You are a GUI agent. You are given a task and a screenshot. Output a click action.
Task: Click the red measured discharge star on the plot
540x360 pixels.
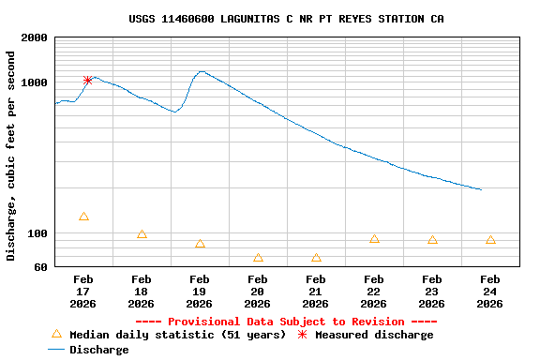pos(87,81)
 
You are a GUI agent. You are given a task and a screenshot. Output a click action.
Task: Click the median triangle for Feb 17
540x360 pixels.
pos(83,217)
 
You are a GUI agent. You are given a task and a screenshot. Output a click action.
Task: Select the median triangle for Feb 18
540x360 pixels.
pos(142,234)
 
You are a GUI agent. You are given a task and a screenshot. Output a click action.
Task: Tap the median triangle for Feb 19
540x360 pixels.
pos(200,244)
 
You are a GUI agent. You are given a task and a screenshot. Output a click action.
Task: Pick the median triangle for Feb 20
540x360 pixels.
pos(258,258)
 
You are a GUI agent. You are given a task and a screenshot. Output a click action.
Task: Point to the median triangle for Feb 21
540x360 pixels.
pos(316,258)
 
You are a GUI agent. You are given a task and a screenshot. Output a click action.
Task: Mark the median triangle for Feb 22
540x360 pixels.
pos(374,239)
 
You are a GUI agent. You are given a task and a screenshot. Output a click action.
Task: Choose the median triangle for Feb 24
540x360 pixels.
pos(490,240)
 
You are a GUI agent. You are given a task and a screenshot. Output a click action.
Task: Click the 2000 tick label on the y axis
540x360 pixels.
pos(34,38)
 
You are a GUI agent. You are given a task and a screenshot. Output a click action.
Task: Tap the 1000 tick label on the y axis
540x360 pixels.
pos(34,82)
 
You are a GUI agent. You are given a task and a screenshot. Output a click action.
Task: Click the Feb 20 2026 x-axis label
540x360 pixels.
pos(257,292)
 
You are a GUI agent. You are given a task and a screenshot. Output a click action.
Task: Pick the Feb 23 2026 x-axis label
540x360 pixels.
pos(431,292)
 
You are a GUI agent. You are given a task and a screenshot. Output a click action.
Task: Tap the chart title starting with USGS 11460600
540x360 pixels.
pos(286,19)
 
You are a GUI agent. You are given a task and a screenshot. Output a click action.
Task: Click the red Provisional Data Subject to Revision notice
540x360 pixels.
pos(286,322)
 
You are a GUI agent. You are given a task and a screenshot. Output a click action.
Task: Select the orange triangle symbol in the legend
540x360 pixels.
pos(56,334)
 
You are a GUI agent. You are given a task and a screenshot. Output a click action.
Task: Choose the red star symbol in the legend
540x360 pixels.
pos(302,334)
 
